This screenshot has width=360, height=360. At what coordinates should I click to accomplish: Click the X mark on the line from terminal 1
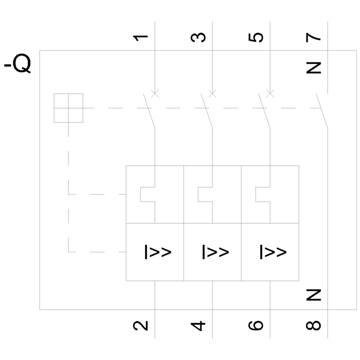coord(155,94)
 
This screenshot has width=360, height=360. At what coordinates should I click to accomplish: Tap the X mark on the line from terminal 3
coord(213,94)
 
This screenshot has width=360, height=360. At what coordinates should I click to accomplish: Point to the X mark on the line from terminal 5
coord(270,94)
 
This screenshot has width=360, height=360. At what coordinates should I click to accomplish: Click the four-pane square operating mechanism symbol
coord(68,108)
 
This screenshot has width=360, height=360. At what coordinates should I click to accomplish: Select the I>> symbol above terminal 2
coord(158,252)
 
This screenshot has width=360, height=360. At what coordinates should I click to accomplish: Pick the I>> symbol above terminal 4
coord(215,252)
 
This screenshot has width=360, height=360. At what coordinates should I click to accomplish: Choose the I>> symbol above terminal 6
coord(273,252)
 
